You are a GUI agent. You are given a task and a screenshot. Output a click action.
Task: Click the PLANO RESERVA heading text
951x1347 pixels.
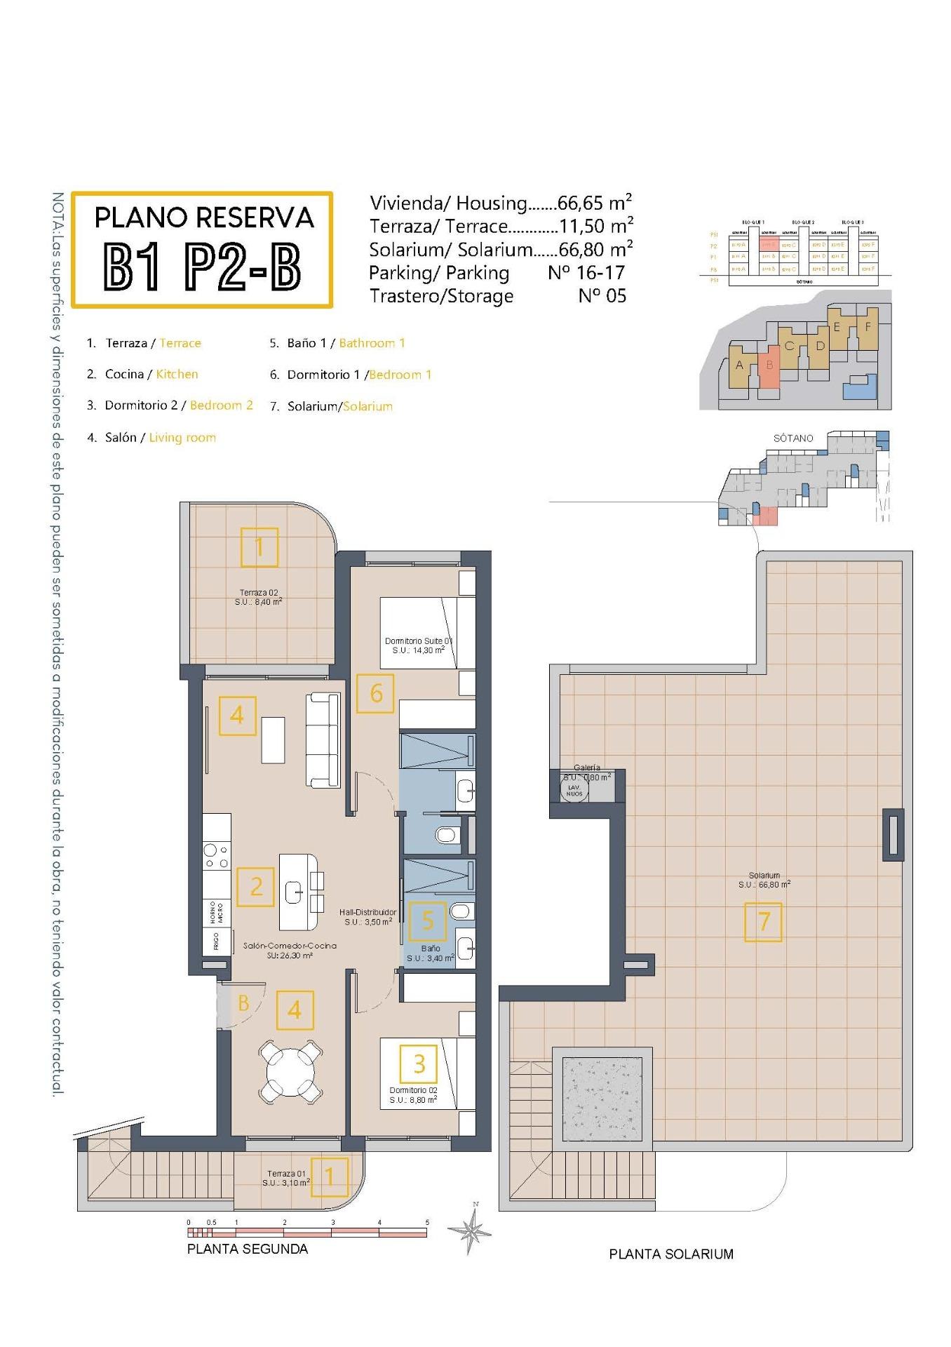[203, 217]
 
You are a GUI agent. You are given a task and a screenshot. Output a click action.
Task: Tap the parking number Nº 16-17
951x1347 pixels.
[586, 272]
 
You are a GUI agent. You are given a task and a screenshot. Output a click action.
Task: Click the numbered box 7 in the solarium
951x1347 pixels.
[763, 922]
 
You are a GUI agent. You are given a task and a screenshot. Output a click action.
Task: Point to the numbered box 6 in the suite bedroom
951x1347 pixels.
[375, 693]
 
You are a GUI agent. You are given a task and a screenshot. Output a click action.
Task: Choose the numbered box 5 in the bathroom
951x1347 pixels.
[427, 920]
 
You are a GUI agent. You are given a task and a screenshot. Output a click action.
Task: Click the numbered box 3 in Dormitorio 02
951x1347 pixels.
[419, 1064]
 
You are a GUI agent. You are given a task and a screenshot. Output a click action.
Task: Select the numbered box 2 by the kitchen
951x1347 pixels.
[255, 887]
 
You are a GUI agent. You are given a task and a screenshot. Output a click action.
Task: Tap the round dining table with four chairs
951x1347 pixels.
[290, 1071]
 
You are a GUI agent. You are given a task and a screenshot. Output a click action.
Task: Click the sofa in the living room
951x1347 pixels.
[323, 739]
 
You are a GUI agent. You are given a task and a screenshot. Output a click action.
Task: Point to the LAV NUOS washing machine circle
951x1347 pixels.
[574, 791]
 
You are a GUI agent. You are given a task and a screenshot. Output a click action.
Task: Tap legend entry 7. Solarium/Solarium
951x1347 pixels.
[331, 406]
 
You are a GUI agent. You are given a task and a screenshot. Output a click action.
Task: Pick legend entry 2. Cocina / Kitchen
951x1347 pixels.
[142, 375]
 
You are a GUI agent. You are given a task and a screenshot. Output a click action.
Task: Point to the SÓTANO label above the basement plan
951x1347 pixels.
[793, 438]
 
